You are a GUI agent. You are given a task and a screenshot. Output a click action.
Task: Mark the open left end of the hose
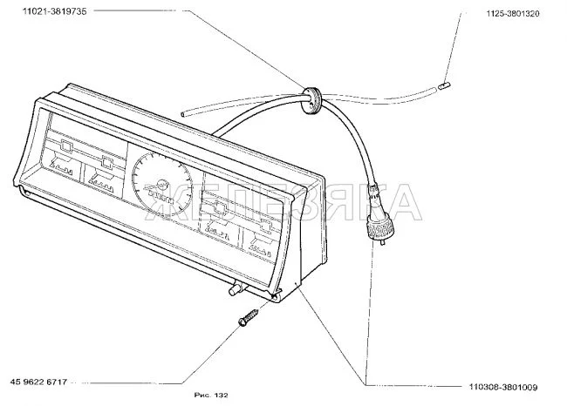pos(183,114)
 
